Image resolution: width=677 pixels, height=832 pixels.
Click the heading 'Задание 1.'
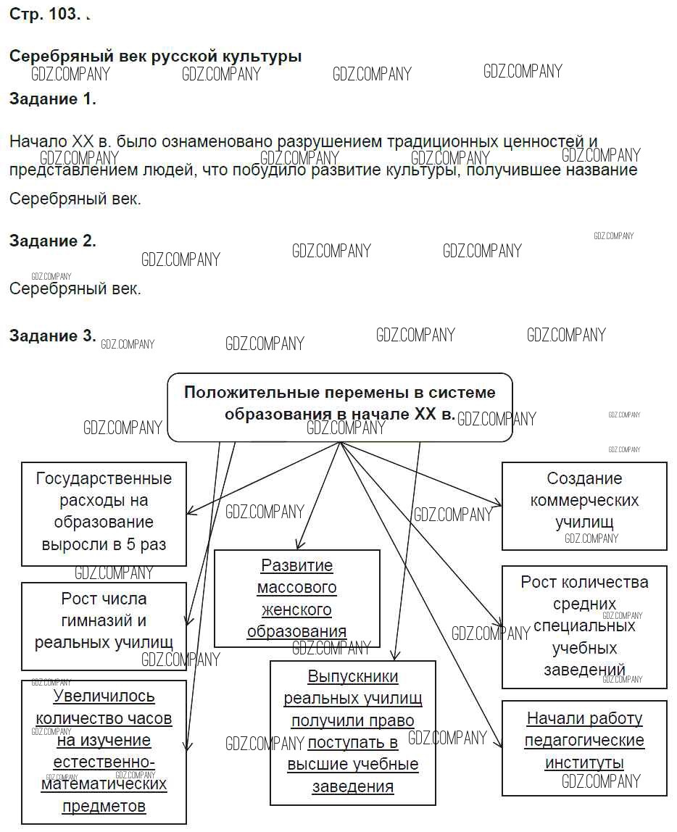coord(53,100)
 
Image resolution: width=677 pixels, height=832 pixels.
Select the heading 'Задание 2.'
coord(53,241)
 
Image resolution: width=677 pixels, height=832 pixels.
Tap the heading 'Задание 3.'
coord(53,336)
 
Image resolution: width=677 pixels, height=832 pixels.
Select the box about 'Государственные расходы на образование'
coord(104,512)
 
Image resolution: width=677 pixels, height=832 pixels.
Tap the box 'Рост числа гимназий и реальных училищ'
coord(104,621)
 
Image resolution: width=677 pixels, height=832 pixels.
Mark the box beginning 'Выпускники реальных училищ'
coord(353,732)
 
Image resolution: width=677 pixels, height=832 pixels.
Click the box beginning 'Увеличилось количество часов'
coord(104,751)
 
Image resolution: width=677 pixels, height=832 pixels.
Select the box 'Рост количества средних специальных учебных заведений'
coord(584,626)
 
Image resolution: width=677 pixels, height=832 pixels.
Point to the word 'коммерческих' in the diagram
coord(584,501)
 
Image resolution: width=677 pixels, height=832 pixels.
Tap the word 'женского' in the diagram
coord(296,610)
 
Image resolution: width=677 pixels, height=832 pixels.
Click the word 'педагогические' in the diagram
coord(584,741)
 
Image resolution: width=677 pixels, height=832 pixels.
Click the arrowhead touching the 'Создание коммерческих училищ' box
coord(498,504)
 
